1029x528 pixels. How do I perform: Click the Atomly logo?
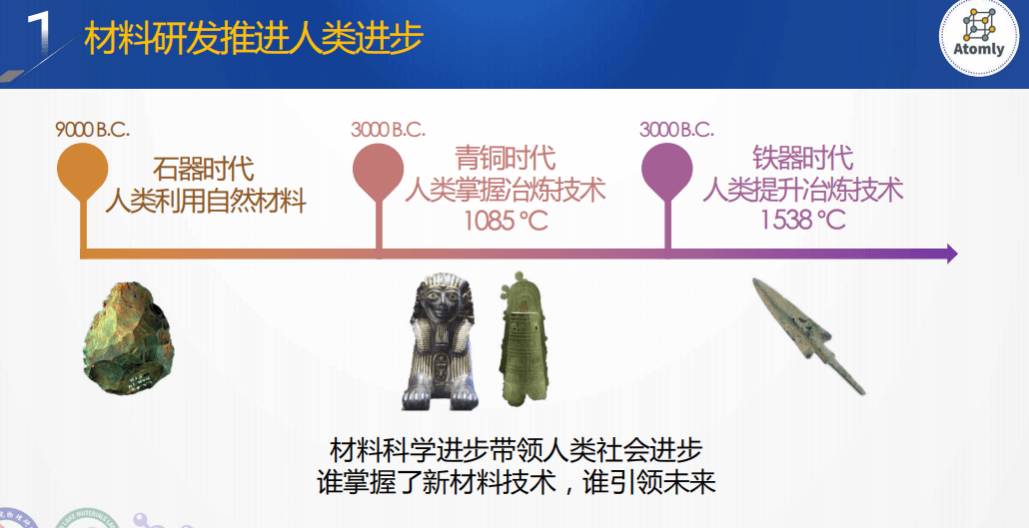[x=978, y=37]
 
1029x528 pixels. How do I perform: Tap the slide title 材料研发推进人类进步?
[x=254, y=38]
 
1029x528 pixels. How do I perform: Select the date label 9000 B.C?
[x=93, y=129]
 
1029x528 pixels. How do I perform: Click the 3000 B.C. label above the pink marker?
[x=388, y=129]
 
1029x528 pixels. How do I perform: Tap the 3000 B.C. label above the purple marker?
[x=676, y=129]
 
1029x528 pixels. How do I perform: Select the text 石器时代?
[x=204, y=169]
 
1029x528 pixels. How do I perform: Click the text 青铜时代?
[x=506, y=158]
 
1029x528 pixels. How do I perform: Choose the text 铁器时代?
[x=802, y=158]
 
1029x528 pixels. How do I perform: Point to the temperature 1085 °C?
[x=506, y=221]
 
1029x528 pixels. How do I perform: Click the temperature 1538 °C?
[x=802, y=219]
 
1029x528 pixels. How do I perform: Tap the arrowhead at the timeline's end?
[x=951, y=254]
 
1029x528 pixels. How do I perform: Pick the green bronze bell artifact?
[x=523, y=338]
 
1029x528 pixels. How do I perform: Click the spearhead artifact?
[x=809, y=335]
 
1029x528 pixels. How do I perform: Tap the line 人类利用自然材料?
[x=206, y=200]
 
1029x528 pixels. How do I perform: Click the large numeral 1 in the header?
[x=39, y=33]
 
